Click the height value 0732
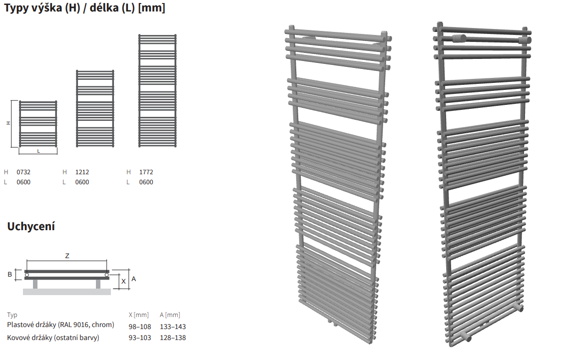click(x=23, y=172)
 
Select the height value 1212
click(x=82, y=172)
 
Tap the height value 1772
click(x=146, y=172)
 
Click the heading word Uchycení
click(x=31, y=226)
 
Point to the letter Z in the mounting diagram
click(x=67, y=256)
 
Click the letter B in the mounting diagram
click(x=9, y=275)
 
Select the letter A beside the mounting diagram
click(x=134, y=279)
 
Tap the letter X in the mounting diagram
click(x=124, y=282)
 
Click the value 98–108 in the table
click(x=140, y=327)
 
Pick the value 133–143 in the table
click(x=173, y=327)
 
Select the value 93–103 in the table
click(x=140, y=338)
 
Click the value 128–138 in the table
click(x=173, y=338)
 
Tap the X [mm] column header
click(x=139, y=315)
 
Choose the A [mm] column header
click(x=170, y=315)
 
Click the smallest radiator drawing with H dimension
click(x=38, y=124)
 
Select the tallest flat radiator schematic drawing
click(x=158, y=91)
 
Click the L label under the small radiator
click(x=38, y=151)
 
